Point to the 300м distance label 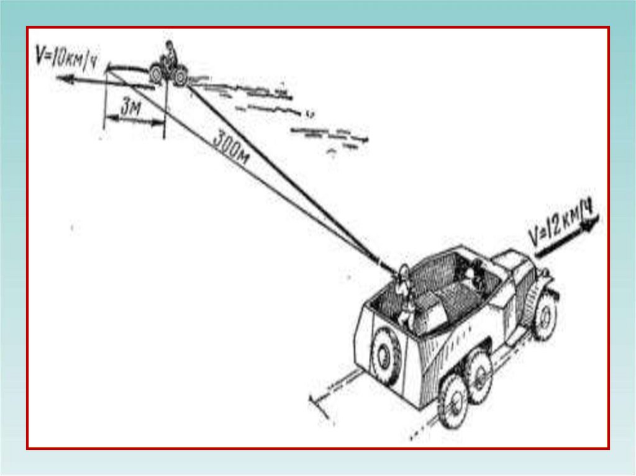pos(231,148)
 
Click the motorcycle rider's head pos(169,46)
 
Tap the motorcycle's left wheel pos(156,75)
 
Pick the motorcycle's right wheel pos(180,77)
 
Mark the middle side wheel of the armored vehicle pos(479,375)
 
